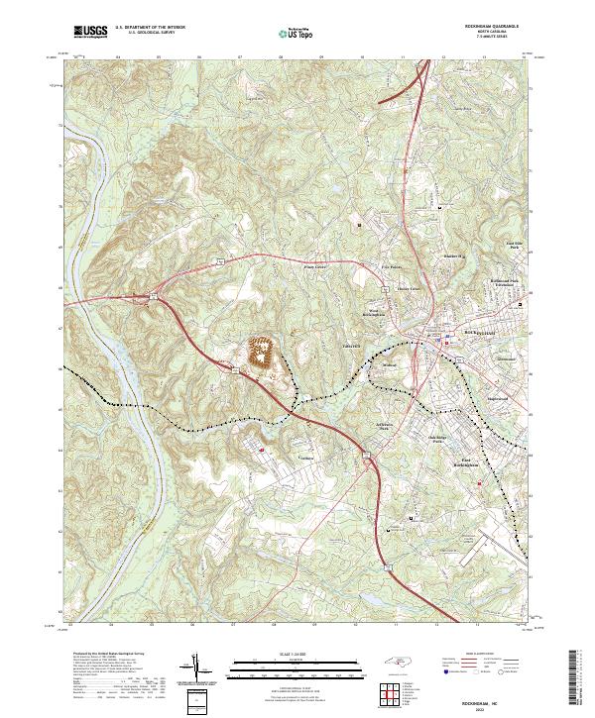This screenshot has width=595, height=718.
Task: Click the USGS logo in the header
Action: (90, 33)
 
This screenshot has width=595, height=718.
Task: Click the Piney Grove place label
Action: (314, 266)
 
